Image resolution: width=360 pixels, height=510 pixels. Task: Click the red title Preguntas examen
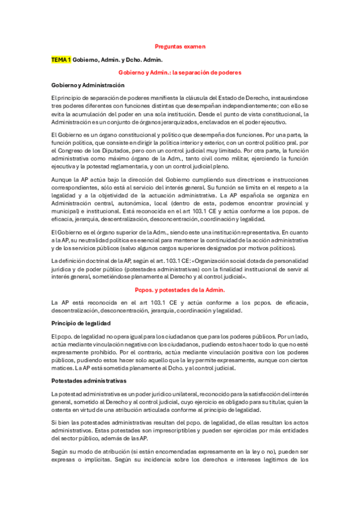coord(180,46)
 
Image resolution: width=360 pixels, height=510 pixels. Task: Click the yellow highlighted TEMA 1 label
coord(61,60)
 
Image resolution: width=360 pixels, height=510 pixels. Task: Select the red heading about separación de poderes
coord(180,72)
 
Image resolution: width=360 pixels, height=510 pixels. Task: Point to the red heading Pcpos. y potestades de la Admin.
coord(180,289)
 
